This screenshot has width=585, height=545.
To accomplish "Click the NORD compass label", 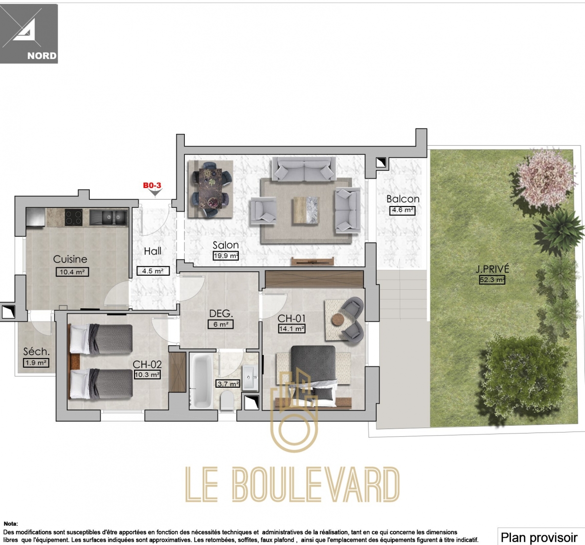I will pos(42,56).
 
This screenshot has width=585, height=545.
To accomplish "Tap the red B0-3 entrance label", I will pos(152,185).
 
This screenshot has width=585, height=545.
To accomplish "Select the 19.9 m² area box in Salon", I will pos(226,255).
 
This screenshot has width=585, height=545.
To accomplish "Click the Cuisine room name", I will pos(70,260).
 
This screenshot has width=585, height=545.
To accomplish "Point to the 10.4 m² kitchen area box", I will pos(73,272).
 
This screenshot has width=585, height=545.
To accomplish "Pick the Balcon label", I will pos(403,199).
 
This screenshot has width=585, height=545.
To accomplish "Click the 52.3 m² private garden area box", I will pos(492,280).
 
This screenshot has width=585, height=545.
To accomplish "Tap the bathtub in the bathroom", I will pos(200,380).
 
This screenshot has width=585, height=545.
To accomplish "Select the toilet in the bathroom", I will pos(227,401).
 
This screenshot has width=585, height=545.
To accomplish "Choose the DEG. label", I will pos(221,314).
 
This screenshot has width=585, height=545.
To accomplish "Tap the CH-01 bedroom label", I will pos(292,319).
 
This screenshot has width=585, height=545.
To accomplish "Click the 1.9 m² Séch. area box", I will pos(36,363).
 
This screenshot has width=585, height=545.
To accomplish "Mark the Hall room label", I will pos(153,251).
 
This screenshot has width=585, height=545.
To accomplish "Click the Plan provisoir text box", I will pos(539,537).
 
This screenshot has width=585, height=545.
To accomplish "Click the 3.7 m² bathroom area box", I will pos(228,384).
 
